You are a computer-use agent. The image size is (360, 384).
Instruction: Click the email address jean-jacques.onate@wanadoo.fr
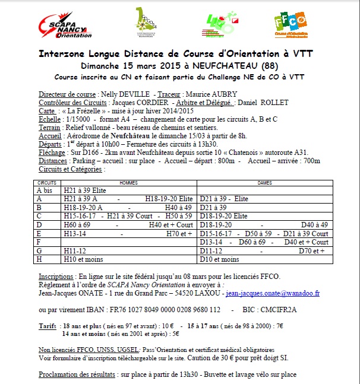(273, 293)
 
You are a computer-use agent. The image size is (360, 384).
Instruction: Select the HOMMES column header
(129, 183)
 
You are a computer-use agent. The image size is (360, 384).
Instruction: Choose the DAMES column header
(264, 183)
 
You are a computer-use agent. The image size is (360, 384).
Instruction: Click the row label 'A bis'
(45, 191)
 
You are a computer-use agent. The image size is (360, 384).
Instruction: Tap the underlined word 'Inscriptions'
(56, 277)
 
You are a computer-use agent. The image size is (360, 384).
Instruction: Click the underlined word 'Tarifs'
(48, 326)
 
